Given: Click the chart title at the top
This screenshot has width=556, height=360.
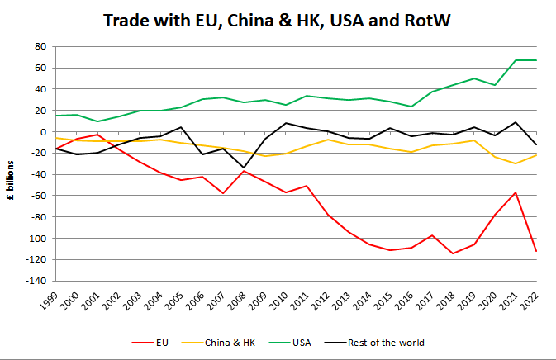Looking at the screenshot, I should [x=278, y=20].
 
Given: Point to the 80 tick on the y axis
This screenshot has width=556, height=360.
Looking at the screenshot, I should [x=38, y=46].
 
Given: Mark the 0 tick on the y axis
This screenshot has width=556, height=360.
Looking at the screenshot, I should [x=40, y=132].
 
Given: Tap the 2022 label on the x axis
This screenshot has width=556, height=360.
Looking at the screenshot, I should [x=532, y=300].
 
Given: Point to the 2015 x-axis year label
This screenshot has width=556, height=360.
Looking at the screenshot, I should [x=387, y=300].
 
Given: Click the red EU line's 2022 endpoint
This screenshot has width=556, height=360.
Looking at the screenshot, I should [x=536, y=251].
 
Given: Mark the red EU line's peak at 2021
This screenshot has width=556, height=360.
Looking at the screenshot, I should [x=516, y=192].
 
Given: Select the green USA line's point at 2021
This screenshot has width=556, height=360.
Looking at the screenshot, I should [x=516, y=60].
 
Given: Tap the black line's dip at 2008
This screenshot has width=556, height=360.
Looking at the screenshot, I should [x=244, y=168].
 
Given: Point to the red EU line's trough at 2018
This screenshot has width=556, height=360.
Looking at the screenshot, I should [x=453, y=253].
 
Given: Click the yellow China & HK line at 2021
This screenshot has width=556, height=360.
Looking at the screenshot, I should [x=516, y=163].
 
